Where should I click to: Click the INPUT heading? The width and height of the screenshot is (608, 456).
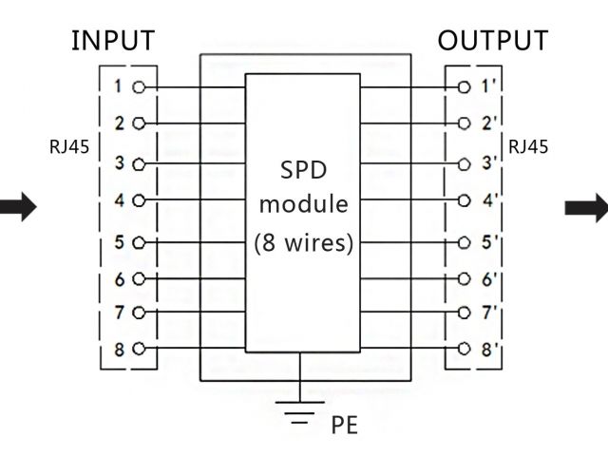(x=113, y=41)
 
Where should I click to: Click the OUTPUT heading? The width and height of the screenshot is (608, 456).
(x=492, y=41)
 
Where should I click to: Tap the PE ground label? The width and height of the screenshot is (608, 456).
(x=344, y=425)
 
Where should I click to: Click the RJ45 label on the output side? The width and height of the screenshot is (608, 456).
(x=528, y=147)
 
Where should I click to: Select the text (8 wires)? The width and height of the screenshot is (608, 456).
(x=304, y=242)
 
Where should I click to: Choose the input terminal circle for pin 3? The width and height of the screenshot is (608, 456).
(x=140, y=163)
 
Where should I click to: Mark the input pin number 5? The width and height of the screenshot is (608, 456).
(x=119, y=241)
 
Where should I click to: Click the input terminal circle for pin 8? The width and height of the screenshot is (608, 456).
(x=140, y=349)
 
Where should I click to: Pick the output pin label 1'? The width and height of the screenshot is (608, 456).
(x=488, y=86)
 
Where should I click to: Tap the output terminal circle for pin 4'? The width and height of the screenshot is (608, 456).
(x=464, y=201)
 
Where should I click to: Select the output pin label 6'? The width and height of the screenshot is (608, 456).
(x=488, y=279)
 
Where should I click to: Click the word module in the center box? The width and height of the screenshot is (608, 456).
(x=304, y=204)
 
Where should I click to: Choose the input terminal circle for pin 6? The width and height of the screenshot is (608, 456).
(x=140, y=279)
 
